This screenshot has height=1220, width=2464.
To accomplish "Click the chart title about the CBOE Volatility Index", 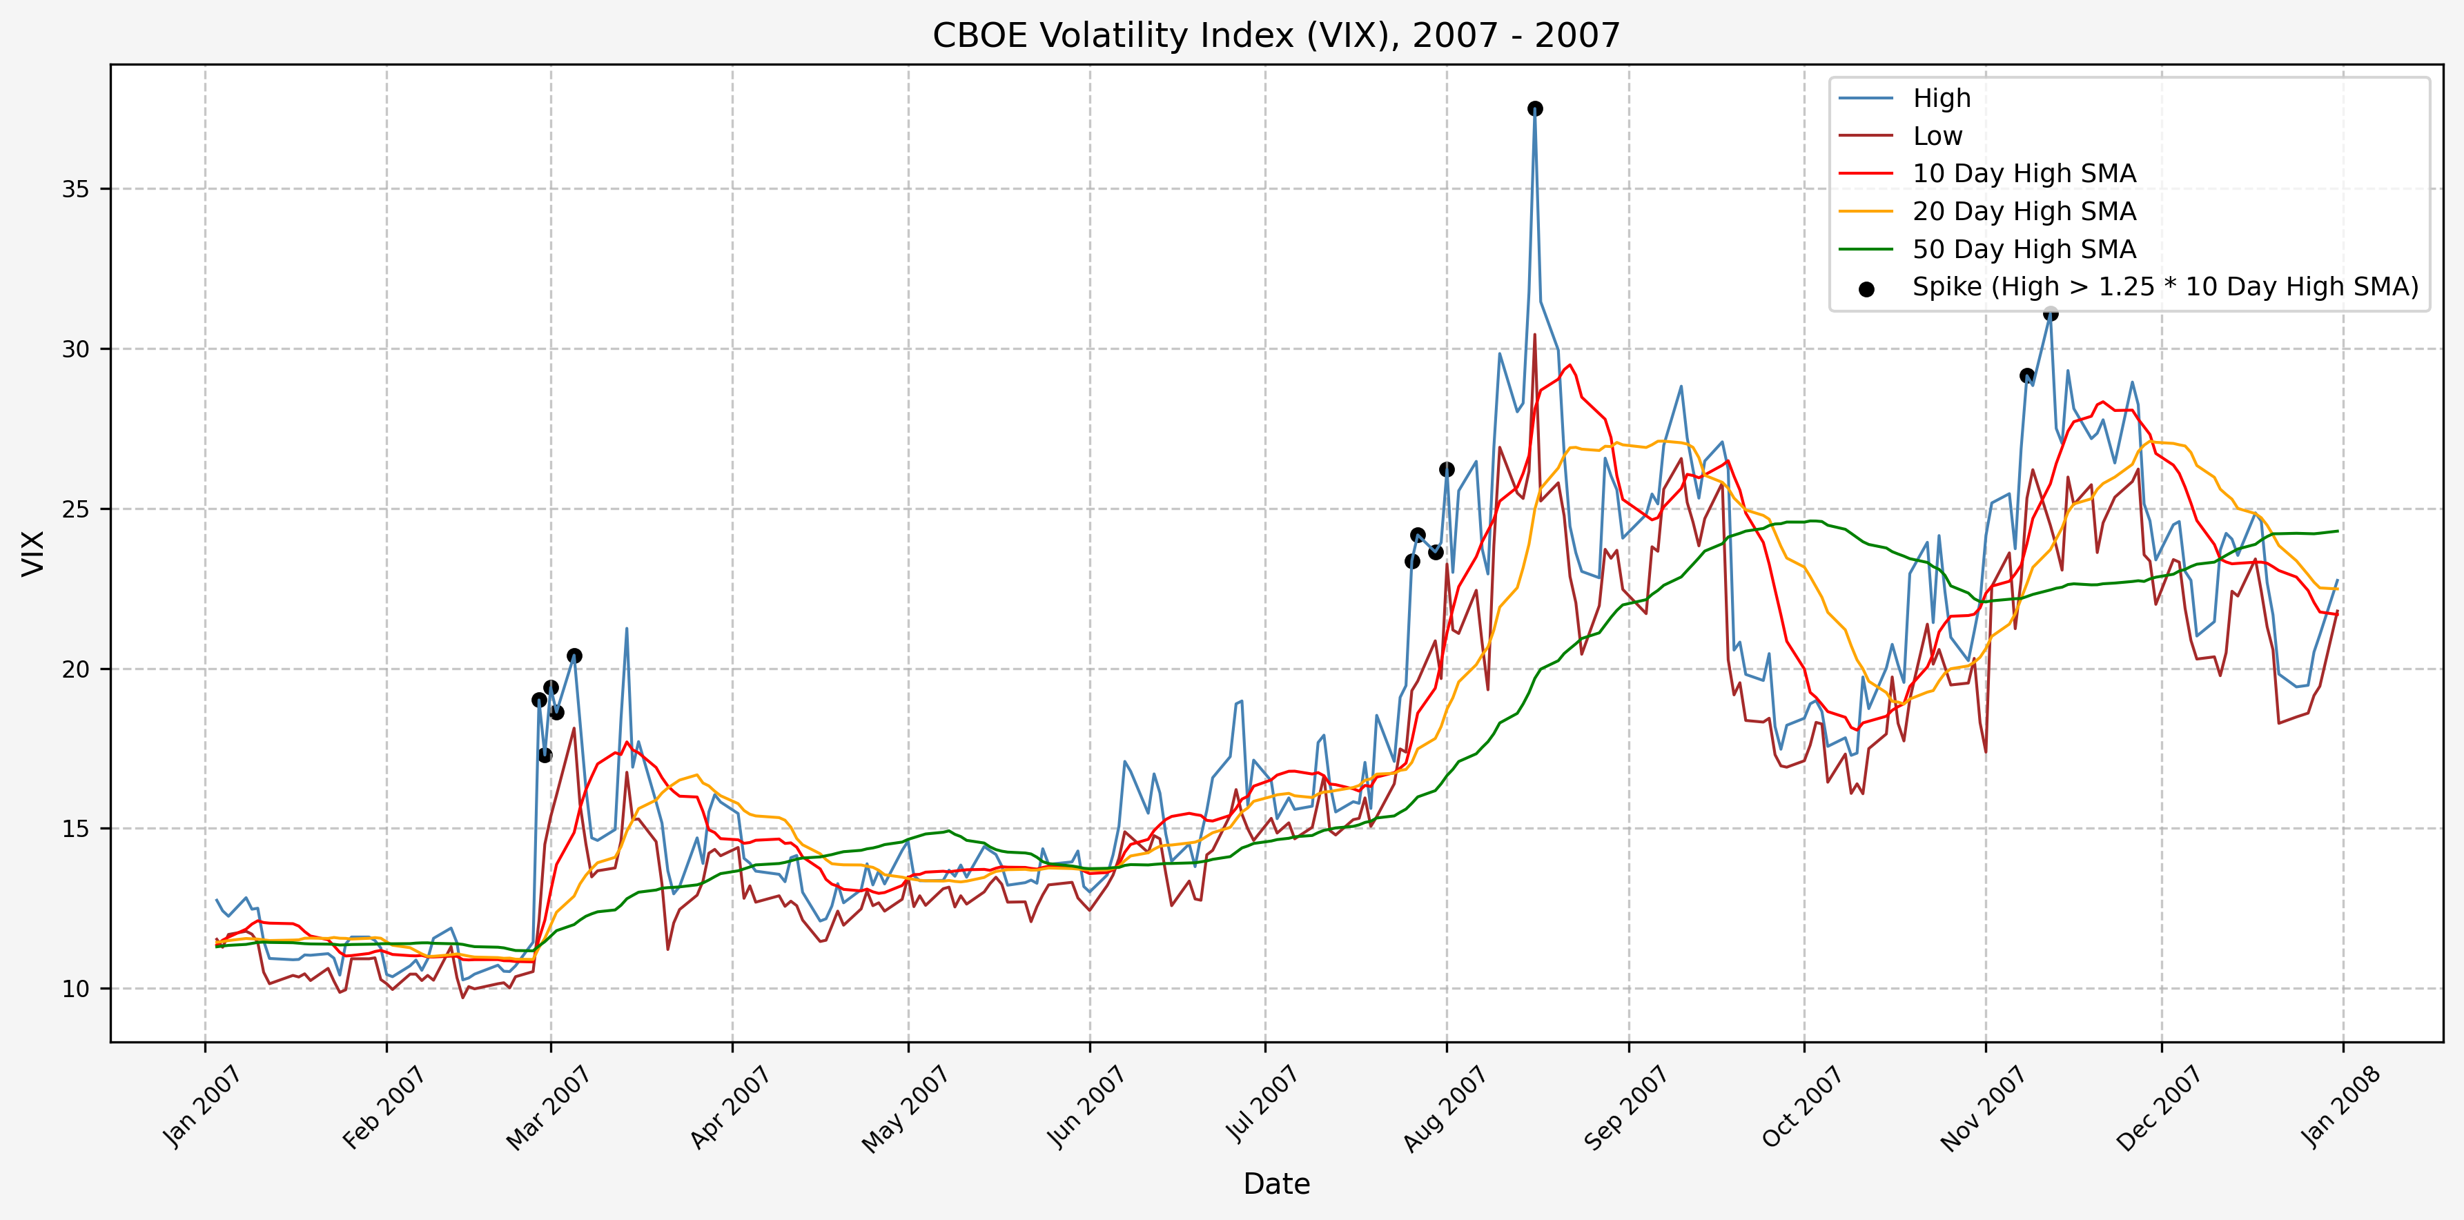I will coord(1276,35).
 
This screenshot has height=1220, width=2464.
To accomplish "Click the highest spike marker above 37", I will coord(1534,109).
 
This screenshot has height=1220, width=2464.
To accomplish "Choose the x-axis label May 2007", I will coord(905,1108).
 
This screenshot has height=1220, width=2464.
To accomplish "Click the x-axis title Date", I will coord(1276,1183).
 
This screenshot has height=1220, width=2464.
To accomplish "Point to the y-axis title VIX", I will coord(34,553).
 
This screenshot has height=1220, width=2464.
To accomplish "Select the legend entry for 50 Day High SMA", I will coord(2023,250).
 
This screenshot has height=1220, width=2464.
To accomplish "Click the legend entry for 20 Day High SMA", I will coord(2023,211).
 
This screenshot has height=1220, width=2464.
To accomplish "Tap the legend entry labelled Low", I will coord(1937,137).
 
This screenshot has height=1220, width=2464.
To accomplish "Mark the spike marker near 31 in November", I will coord(2050,313).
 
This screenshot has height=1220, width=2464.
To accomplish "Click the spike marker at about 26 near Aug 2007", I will coord(1446,469).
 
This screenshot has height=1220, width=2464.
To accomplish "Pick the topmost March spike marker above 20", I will coord(574,656).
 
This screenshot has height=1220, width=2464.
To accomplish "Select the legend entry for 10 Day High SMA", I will coord(2023,174).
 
